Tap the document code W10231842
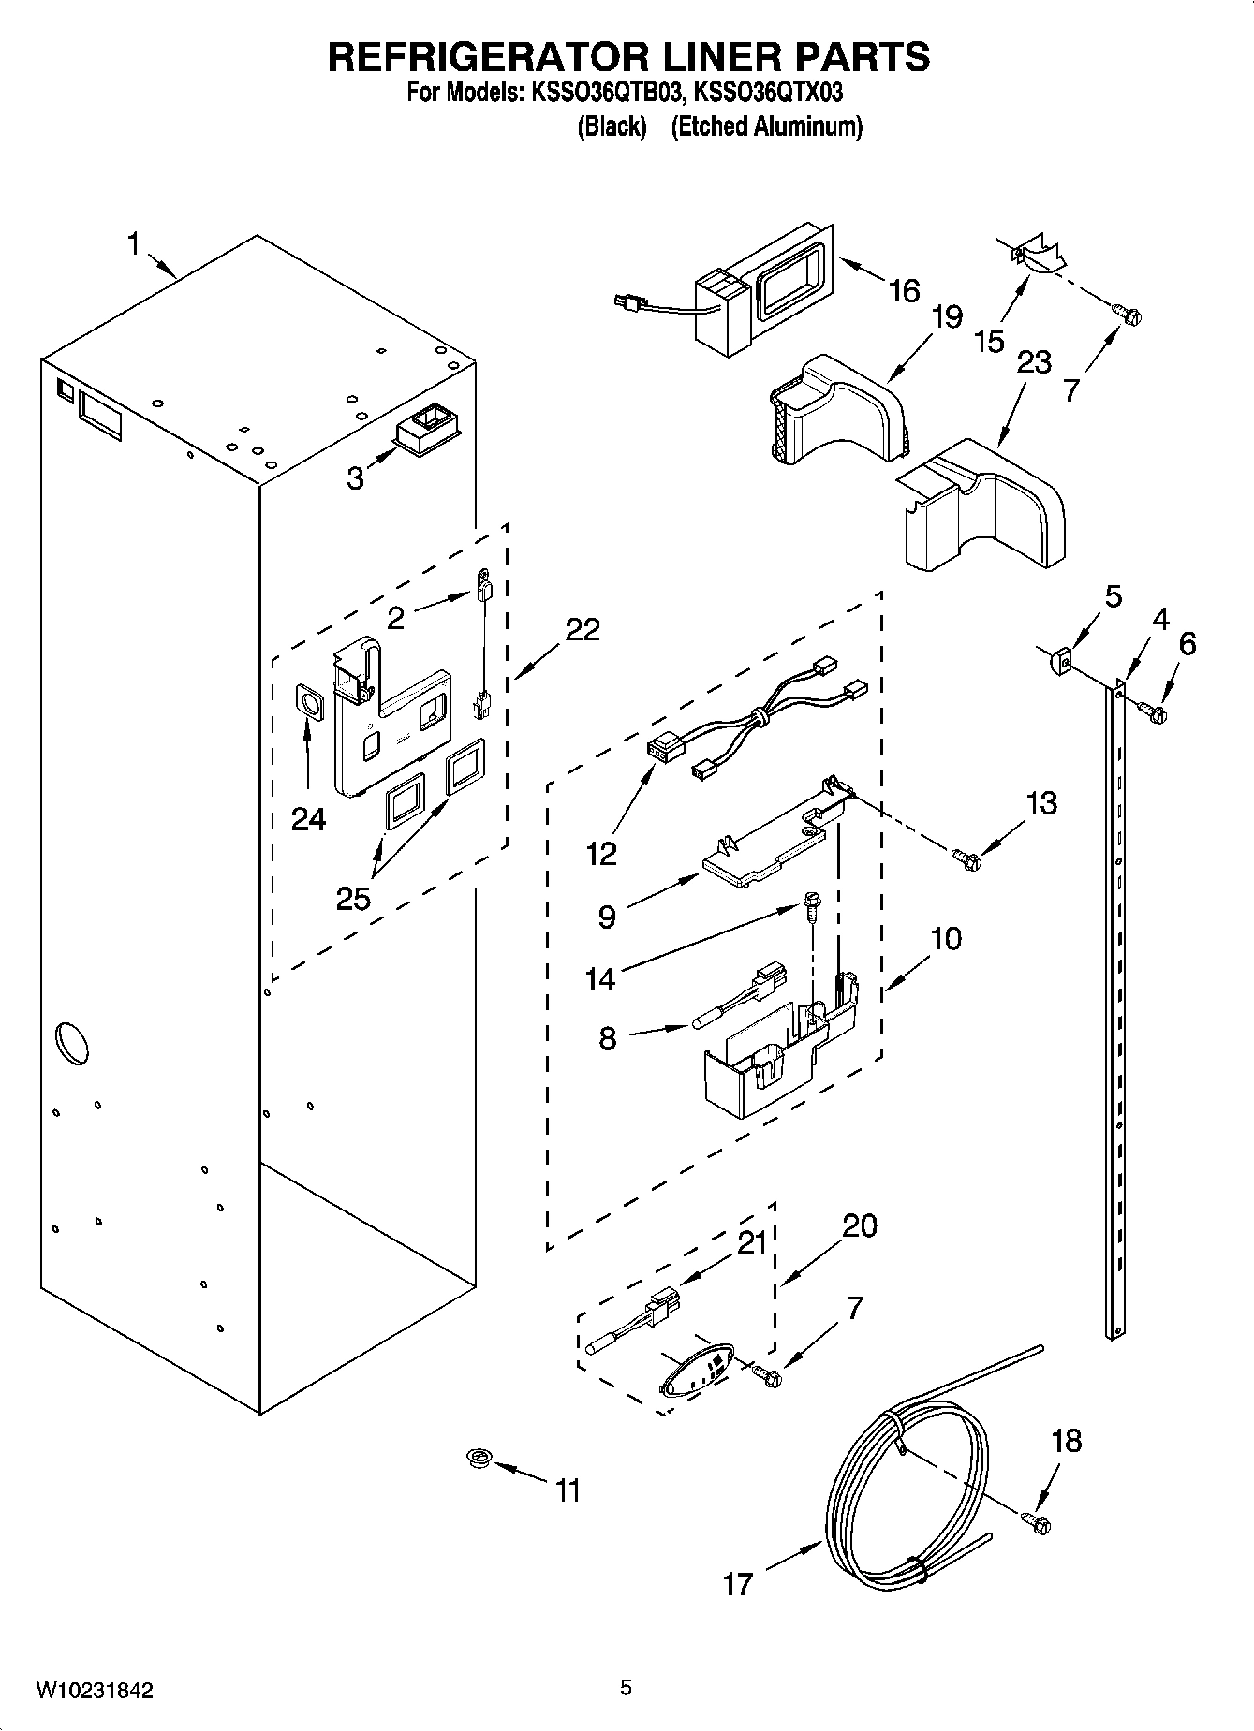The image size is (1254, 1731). (x=95, y=1690)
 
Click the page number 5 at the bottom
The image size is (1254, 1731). (x=626, y=1688)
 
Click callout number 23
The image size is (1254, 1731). (x=1033, y=362)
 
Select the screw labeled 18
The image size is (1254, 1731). (x=1036, y=1523)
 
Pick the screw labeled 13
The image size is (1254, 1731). (x=965, y=856)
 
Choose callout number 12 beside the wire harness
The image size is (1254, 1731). (x=601, y=853)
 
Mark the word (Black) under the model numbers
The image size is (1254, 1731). (x=612, y=126)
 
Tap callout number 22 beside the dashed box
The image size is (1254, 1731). (x=582, y=628)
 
